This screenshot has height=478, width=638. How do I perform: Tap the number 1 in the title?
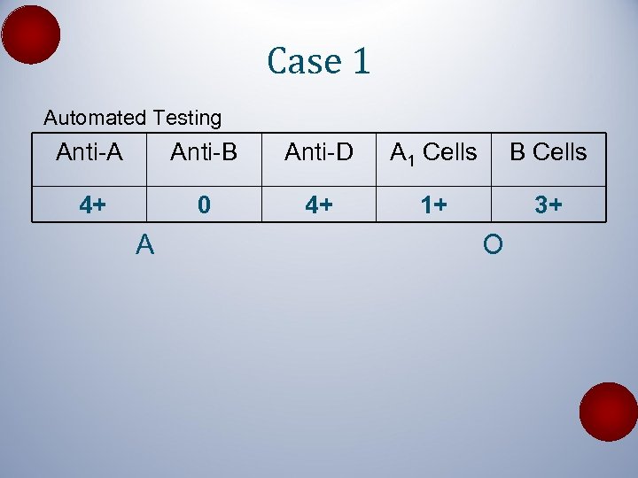click(361, 61)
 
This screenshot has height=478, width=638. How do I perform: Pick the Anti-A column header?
click(89, 152)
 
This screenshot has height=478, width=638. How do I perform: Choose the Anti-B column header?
click(204, 152)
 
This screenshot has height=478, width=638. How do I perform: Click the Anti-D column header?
click(319, 152)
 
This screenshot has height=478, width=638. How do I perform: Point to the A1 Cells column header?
click(433, 153)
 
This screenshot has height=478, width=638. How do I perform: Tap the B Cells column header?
click(548, 152)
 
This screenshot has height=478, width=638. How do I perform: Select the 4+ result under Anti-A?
click(92, 205)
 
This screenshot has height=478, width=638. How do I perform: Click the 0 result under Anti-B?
click(204, 205)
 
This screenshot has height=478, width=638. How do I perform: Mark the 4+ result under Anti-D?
click(319, 205)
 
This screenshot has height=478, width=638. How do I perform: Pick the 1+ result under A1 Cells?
click(433, 205)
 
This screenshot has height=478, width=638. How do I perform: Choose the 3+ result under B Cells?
click(548, 205)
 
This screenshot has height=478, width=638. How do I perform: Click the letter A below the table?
click(145, 244)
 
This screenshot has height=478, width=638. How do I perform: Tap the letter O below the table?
click(494, 244)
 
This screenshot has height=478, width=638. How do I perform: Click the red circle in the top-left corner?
click(31, 34)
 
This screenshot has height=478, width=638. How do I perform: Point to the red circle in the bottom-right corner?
click(609, 412)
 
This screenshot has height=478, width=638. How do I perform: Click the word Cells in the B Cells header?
click(560, 152)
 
